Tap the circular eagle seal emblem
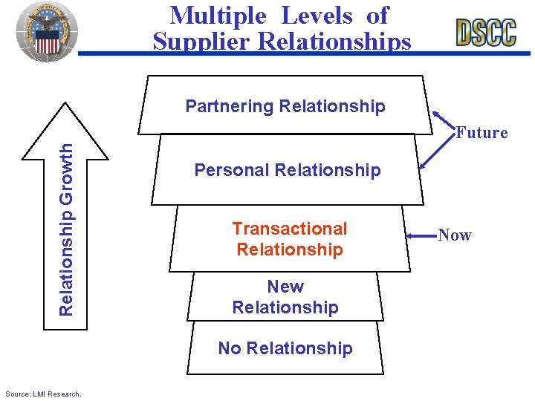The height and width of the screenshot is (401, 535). pos(47,30)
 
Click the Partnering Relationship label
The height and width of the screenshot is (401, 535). pos(285,106)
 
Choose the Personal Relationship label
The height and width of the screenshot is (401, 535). pos(287,170)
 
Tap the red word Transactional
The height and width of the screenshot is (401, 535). pos(290,229)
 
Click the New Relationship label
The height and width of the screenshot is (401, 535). pos(285,297)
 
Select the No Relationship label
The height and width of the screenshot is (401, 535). pos(285,348)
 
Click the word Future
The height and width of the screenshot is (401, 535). pos(481,133)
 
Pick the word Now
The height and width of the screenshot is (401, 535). pos(455,235)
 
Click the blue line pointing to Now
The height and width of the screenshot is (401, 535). pos(421,238)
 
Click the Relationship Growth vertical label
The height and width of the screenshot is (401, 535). pos(66,228)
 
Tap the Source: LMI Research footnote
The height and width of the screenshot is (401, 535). pos(43,394)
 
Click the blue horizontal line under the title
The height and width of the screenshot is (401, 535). pos(305,53)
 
